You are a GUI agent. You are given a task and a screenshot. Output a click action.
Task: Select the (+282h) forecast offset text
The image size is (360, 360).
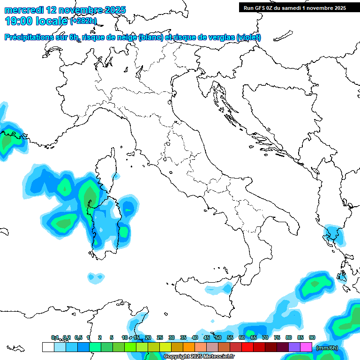(83, 21)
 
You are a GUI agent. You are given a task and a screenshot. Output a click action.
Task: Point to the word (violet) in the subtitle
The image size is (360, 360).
(248, 37)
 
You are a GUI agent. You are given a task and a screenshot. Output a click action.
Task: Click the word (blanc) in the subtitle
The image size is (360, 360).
(150, 37)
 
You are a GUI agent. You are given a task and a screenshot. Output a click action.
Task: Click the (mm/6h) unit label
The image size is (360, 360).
(327, 348)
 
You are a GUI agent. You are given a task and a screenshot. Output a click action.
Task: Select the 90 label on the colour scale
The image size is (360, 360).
(312, 337)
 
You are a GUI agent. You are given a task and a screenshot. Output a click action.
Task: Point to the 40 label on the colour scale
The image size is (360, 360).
(195, 337)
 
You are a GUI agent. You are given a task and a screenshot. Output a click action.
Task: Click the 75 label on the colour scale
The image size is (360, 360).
(277, 337)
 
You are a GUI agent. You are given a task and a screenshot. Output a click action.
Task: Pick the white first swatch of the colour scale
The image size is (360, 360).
(48, 347)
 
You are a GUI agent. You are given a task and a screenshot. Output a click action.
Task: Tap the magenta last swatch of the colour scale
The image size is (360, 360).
(306, 347)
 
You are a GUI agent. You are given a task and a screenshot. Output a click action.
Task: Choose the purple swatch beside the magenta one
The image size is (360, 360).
(294, 347)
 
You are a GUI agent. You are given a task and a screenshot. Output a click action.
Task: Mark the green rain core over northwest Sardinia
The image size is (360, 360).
(88, 195)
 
